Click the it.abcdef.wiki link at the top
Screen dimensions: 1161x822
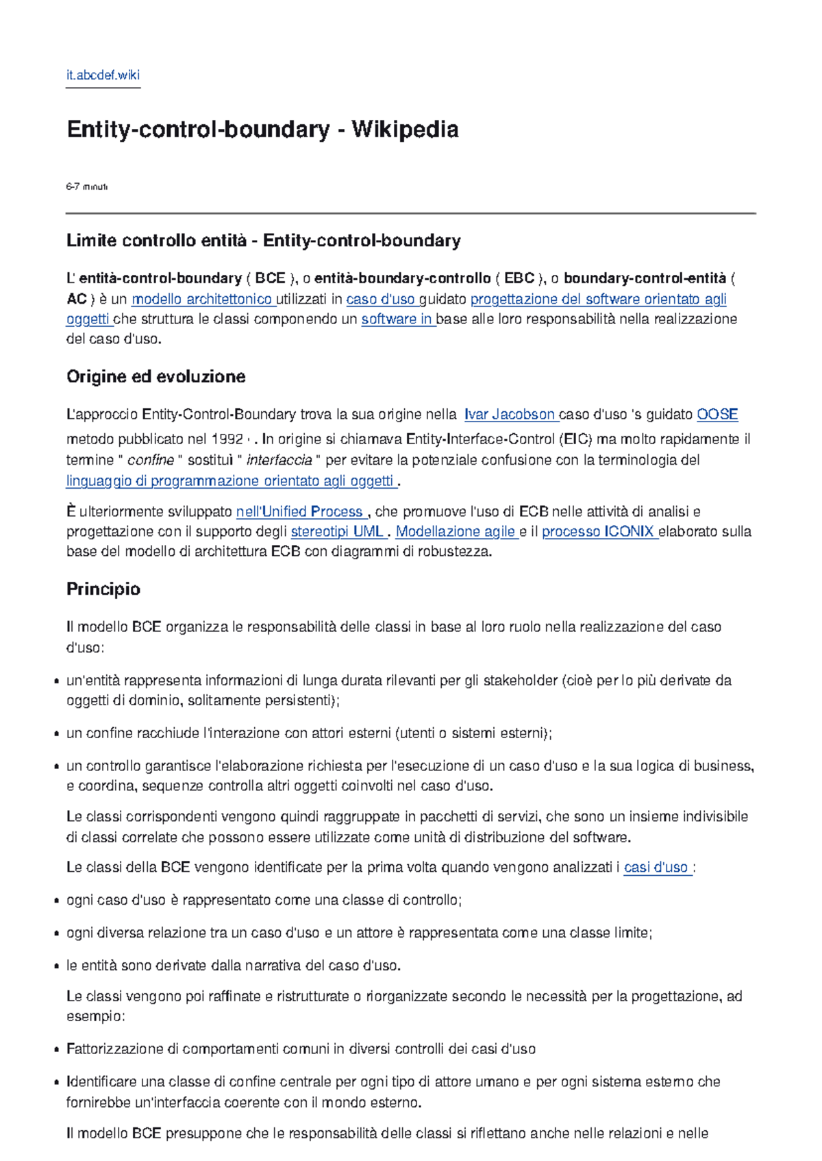(x=103, y=75)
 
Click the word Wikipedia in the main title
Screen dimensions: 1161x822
(x=405, y=130)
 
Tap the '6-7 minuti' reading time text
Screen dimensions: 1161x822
(x=86, y=186)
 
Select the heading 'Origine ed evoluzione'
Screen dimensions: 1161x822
(x=155, y=376)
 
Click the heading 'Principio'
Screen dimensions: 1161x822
(x=103, y=589)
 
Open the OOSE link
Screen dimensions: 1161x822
(x=717, y=415)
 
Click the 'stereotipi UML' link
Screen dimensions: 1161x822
(x=336, y=531)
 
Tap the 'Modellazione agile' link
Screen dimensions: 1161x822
(x=455, y=531)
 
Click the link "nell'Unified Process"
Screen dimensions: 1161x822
(x=299, y=511)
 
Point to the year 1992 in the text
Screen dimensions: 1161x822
(x=227, y=439)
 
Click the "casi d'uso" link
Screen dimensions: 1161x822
(x=656, y=867)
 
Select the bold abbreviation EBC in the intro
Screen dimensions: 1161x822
(x=519, y=278)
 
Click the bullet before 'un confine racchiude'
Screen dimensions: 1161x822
(x=55, y=734)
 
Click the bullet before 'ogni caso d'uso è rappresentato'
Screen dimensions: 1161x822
(x=55, y=901)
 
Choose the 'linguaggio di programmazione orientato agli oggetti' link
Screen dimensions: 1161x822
(x=230, y=480)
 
